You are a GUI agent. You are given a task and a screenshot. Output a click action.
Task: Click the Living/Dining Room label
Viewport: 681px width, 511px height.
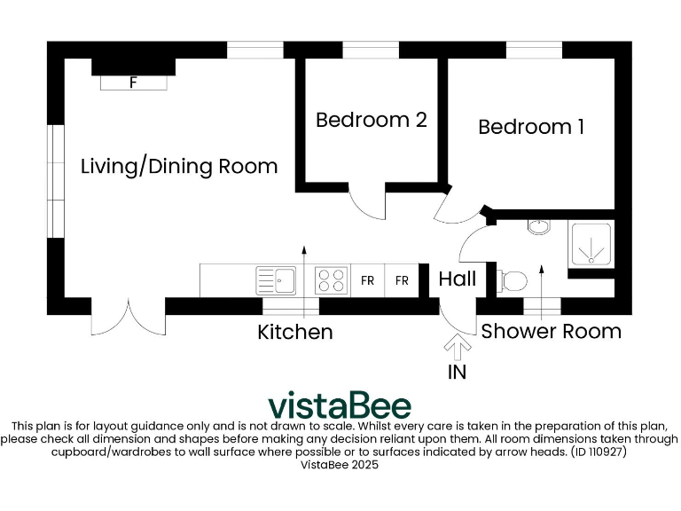pyautogui.click(x=179, y=166)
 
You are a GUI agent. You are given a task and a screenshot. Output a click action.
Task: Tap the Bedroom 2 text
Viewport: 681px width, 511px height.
pyautogui.click(x=371, y=120)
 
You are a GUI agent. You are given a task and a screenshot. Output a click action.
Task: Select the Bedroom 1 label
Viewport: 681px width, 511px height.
pyautogui.click(x=530, y=127)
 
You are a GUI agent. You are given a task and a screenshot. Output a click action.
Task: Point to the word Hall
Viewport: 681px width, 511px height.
pyautogui.click(x=458, y=279)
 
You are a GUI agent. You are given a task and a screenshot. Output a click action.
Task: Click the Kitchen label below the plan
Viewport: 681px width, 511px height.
pyautogui.click(x=295, y=332)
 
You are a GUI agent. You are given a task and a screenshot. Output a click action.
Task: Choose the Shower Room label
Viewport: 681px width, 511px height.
pyautogui.click(x=551, y=331)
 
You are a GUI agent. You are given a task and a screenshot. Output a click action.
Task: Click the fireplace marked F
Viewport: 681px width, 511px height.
pyautogui.click(x=133, y=83)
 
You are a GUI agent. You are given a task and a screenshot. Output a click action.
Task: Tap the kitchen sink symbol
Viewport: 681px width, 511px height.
pyautogui.click(x=276, y=280)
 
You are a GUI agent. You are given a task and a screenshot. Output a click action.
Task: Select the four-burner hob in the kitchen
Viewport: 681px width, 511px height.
pyautogui.click(x=332, y=280)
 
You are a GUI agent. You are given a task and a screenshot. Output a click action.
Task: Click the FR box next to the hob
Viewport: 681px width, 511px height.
pyautogui.click(x=367, y=280)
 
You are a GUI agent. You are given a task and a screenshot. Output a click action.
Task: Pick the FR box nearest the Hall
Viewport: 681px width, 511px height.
pyautogui.click(x=402, y=280)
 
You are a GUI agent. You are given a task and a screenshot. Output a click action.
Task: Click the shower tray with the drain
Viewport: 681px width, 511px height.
pyautogui.click(x=590, y=244)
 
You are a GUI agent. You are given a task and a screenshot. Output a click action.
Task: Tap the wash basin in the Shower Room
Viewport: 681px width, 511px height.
pyautogui.click(x=538, y=226)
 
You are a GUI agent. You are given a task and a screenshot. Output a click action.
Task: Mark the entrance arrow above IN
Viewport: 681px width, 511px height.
pyautogui.click(x=458, y=345)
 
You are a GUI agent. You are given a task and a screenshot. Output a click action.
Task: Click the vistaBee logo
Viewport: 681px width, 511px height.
pyautogui.click(x=340, y=405)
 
